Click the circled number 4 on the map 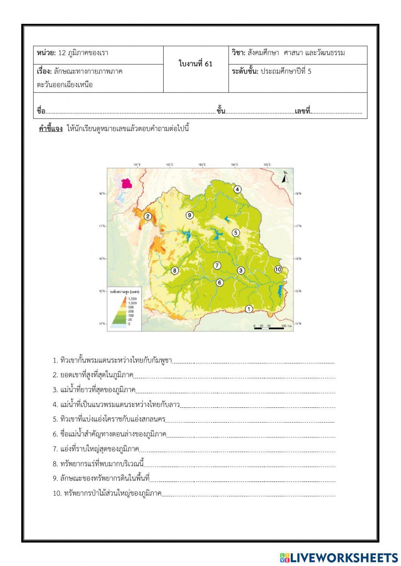tap(237, 189)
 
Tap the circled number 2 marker tap(148, 217)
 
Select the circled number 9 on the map tap(190, 215)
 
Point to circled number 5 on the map tap(236, 232)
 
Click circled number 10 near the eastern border tap(278, 269)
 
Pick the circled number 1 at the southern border tap(249, 309)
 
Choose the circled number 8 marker tap(174, 270)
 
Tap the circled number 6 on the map tap(219, 282)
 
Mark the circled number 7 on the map tap(217, 266)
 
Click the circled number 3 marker tap(241, 270)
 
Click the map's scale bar tap(269, 327)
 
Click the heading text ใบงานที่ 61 tap(196, 64)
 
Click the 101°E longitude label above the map tap(138, 165)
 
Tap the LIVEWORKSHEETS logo tap(339, 558)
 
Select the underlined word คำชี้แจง tap(51, 129)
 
